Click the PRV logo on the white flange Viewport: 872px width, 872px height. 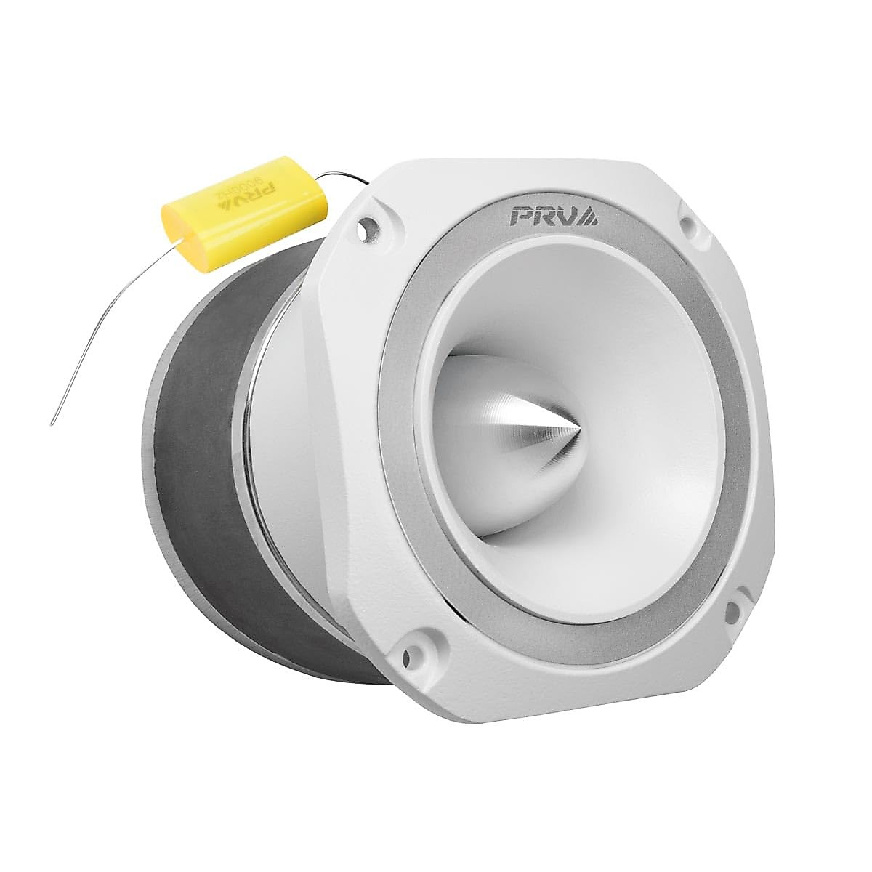554,216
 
